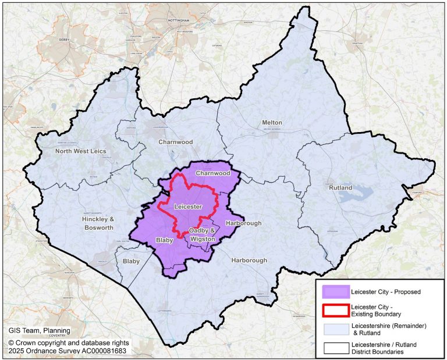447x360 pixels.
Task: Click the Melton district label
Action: click(272, 123)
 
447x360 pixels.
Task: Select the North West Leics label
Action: click(81, 151)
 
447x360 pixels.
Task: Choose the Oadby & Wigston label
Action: click(202, 234)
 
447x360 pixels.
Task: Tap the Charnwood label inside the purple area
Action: click(212, 173)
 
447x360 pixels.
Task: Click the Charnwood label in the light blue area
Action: click(175, 141)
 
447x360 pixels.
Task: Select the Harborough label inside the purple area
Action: click(243, 223)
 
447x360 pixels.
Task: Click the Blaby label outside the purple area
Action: click(131, 262)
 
